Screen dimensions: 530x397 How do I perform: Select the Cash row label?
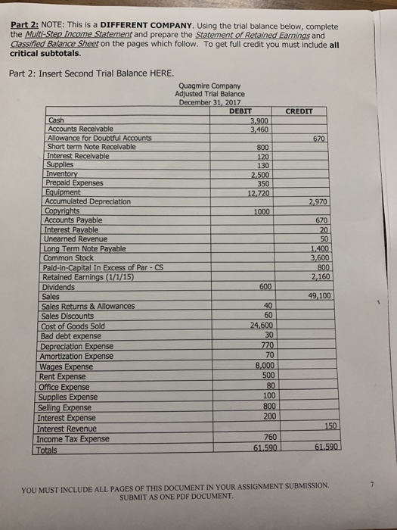tap(56, 120)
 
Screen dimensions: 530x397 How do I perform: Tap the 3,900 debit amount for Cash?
tap(259, 120)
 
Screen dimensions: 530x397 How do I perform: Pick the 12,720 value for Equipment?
tap(257, 192)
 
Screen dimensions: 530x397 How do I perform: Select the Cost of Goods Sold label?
tap(72, 326)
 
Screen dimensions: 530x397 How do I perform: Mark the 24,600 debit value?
tap(257, 326)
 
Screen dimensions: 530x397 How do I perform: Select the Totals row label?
tap(52, 450)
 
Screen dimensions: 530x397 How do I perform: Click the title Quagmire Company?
tap(211, 86)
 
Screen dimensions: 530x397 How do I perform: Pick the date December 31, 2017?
tap(211, 101)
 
